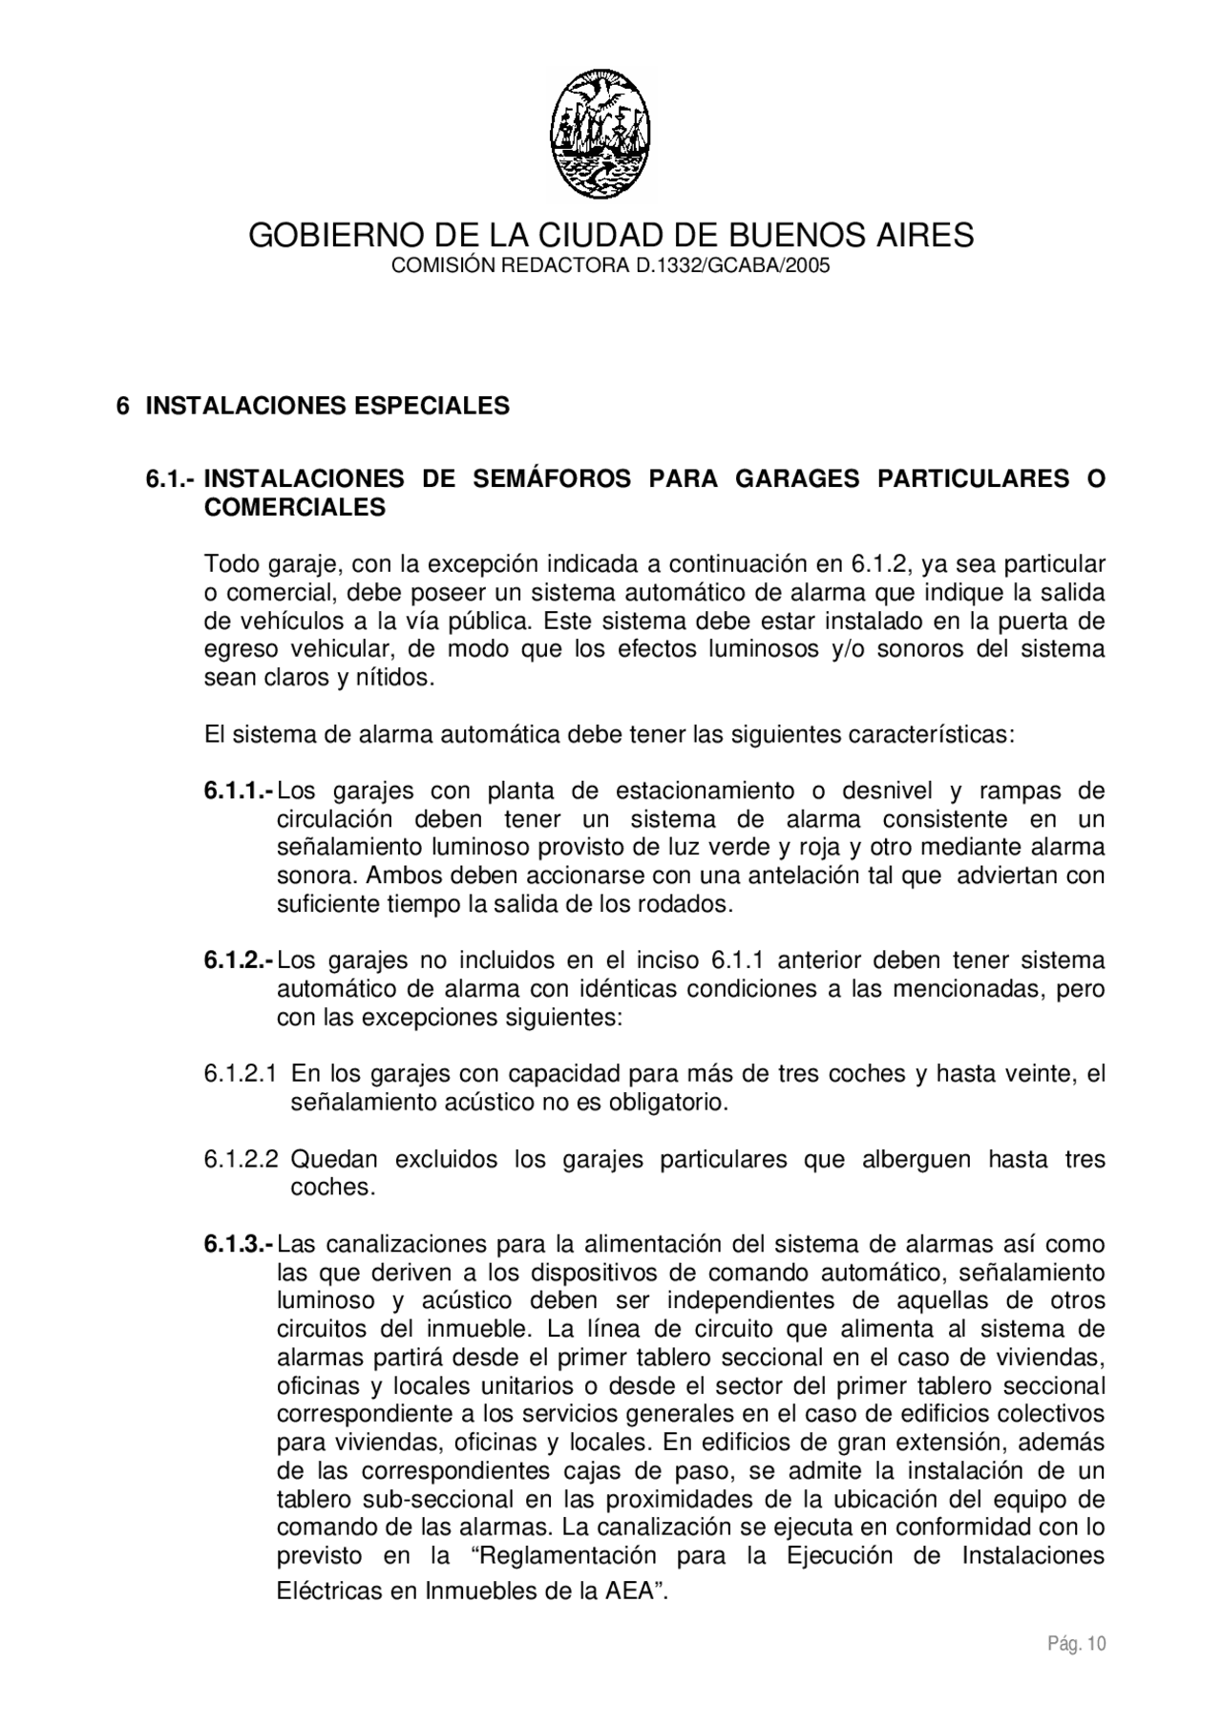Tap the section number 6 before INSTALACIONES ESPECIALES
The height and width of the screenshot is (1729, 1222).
[x=122, y=406]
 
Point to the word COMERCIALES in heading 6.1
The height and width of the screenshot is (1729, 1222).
[x=295, y=508]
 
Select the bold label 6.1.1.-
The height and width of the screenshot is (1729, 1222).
[x=239, y=791]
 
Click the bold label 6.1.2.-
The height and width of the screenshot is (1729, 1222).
[x=239, y=960]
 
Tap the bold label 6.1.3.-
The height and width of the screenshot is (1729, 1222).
[x=239, y=1245]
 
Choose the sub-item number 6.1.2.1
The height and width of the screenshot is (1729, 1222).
[x=241, y=1074]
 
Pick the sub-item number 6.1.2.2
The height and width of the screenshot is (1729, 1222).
[x=241, y=1160]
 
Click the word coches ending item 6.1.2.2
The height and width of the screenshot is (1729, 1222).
[x=330, y=1188]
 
